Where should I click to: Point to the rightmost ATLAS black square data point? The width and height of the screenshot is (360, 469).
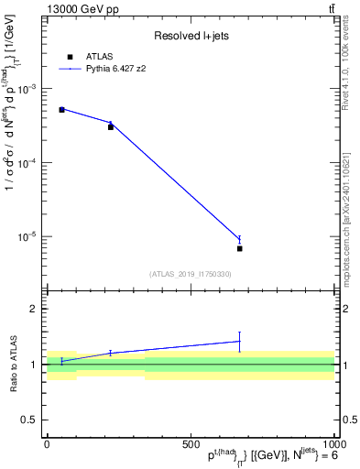coord(239,248)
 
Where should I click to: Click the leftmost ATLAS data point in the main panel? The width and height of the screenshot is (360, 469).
coord(61,110)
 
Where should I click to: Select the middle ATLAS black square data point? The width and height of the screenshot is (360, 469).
coord(111,126)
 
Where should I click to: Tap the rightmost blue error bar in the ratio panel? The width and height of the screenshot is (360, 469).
coord(239,341)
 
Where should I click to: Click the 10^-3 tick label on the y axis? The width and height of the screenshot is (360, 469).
coord(29,89)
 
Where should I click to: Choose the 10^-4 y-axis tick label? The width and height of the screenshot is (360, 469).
coord(29,163)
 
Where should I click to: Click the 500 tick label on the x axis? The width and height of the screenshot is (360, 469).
coord(191,444)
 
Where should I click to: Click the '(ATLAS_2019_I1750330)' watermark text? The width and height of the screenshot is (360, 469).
coord(190,274)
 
